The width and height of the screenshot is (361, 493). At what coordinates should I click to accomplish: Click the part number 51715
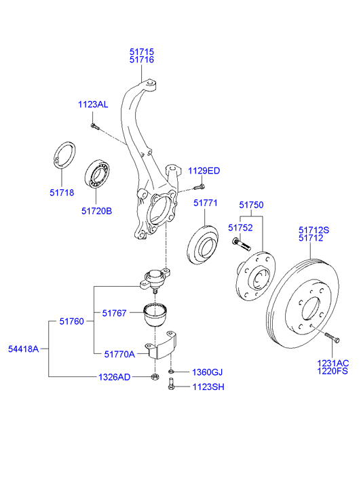[142, 51]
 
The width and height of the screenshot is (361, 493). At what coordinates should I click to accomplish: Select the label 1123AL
[92, 104]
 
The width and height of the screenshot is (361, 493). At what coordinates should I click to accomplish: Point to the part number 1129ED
[204, 170]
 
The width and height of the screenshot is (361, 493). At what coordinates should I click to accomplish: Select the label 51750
[250, 204]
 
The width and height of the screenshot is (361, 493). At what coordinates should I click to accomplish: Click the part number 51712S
[313, 231]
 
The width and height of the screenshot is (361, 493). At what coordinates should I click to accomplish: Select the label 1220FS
[332, 372]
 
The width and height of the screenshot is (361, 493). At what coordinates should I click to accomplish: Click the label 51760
[71, 321]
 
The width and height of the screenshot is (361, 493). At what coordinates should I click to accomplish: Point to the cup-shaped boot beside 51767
[157, 316]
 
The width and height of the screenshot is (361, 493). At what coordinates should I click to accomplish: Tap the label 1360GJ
[207, 372]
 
